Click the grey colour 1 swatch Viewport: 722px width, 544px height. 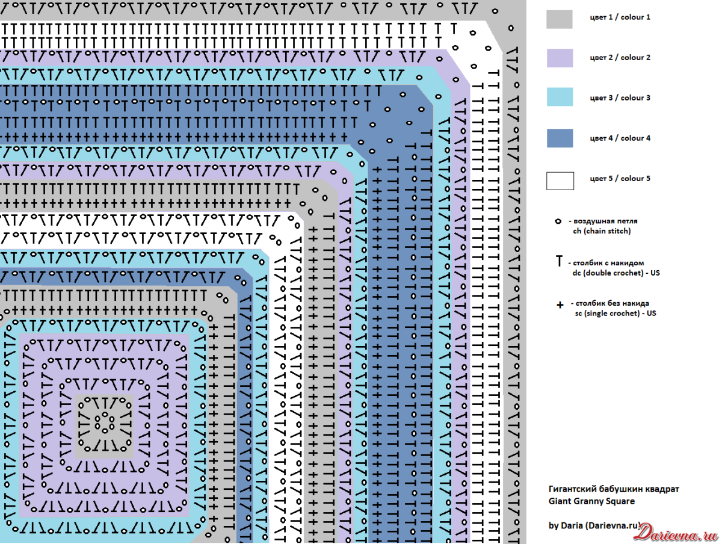559,19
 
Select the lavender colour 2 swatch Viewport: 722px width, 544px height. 559,58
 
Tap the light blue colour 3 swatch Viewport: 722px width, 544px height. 559,97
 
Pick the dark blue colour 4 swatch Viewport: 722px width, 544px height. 559,138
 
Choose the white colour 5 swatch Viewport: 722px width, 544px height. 559,181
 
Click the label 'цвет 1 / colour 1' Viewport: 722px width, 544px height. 620,17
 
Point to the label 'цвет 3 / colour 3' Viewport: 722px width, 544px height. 620,98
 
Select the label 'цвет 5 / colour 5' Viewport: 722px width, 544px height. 620,179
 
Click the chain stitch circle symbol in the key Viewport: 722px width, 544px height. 558,221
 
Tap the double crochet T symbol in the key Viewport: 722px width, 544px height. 559,261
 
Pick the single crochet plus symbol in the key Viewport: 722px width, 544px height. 560,305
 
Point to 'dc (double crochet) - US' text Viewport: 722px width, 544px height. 616,273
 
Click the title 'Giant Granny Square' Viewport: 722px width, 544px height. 591,501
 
